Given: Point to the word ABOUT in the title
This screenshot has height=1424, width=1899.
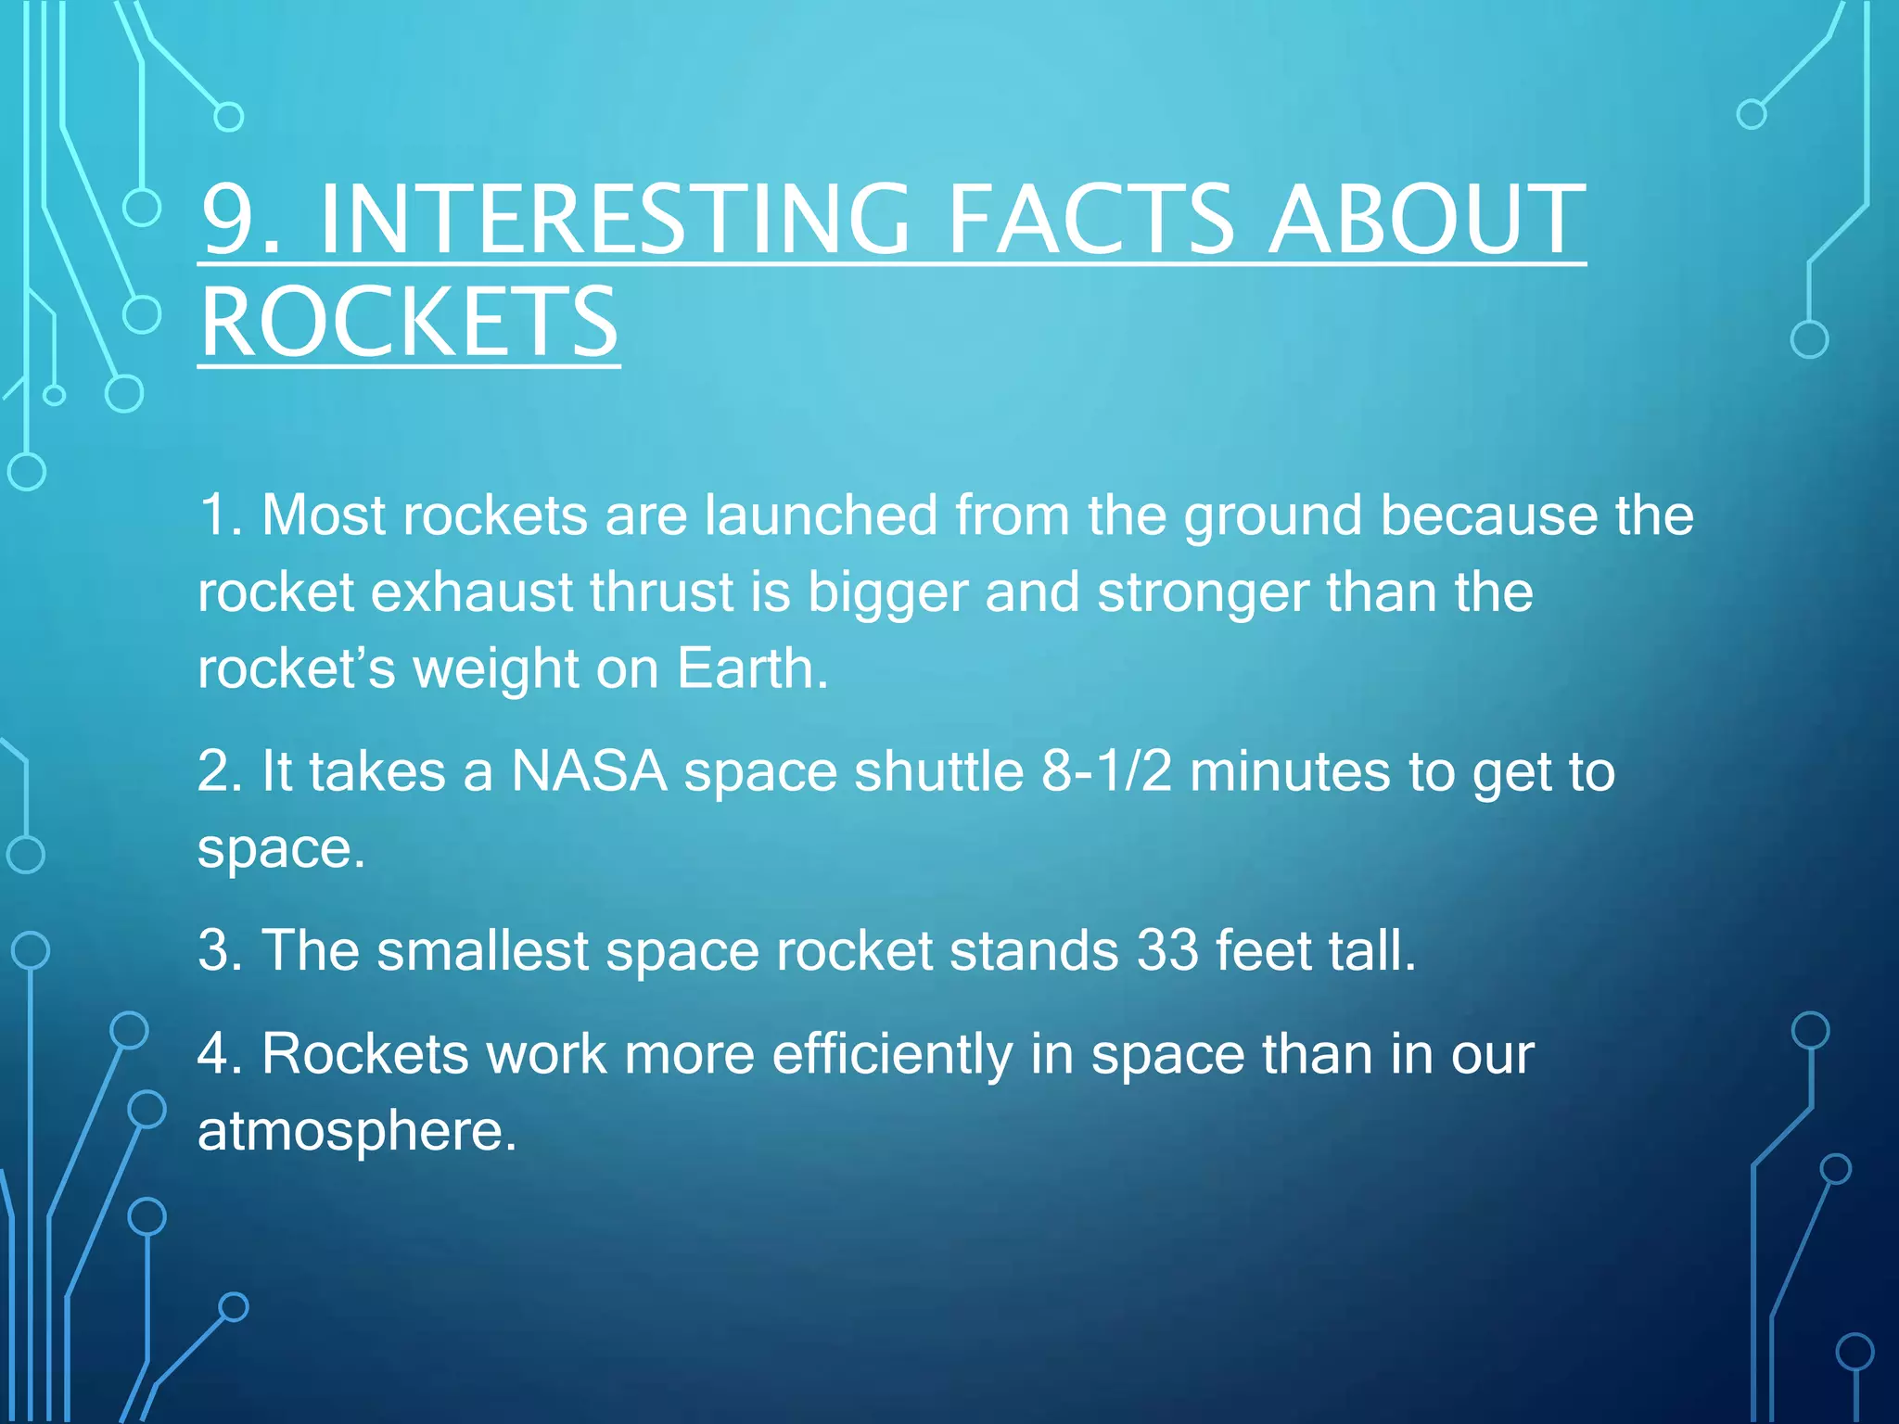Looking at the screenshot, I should (1426, 220).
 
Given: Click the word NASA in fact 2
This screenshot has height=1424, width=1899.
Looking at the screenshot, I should (589, 771).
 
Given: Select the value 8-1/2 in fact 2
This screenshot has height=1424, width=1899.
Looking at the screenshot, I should (1107, 771).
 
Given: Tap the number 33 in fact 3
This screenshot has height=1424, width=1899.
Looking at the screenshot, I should (1167, 950).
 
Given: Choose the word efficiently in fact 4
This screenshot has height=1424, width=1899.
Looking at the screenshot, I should (892, 1054).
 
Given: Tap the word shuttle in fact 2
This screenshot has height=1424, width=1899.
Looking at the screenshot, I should (938, 771).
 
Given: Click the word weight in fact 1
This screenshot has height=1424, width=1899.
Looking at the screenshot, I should (495, 670).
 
